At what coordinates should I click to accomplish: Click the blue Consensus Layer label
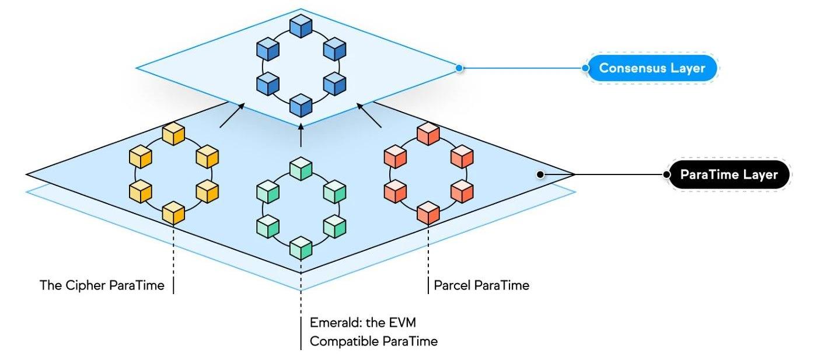click(652, 68)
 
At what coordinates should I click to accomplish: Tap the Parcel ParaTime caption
click(481, 286)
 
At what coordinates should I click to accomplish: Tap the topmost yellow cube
click(174, 135)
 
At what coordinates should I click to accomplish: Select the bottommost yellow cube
click(174, 213)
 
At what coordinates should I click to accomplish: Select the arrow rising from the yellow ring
click(231, 116)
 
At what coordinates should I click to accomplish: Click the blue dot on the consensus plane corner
click(459, 68)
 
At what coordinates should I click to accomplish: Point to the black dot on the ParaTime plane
click(540, 174)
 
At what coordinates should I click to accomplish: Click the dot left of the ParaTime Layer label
click(666, 174)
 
